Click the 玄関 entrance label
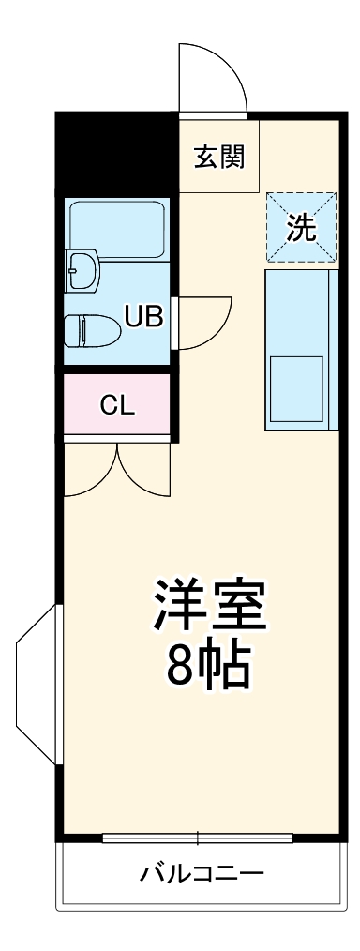click(x=219, y=157)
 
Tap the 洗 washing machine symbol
click(x=301, y=228)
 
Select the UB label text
click(x=144, y=317)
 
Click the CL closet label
click(x=118, y=406)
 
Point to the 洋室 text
click(x=211, y=607)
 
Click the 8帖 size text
click(x=210, y=666)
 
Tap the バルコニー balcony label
click(x=202, y=874)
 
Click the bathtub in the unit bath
click(x=116, y=229)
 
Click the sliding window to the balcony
click(x=197, y=837)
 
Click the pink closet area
click(x=118, y=406)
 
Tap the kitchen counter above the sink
click(x=298, y=309)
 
